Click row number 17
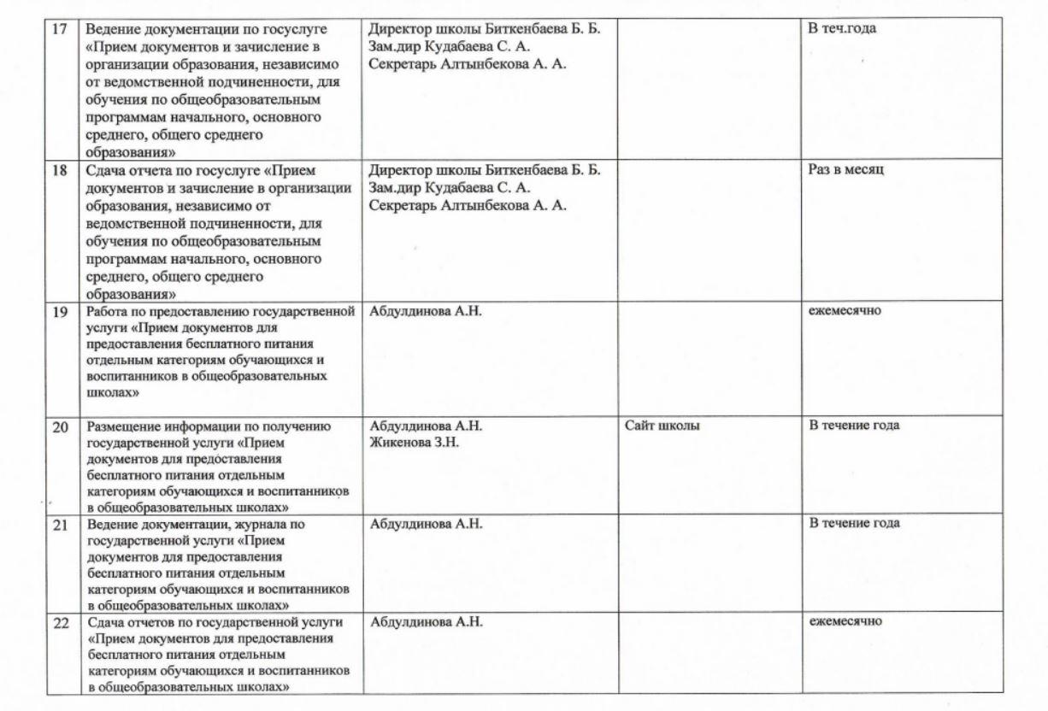click(x=59, y=29)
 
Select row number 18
click(x=60, y=170)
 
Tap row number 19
click(x=60, y=311)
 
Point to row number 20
click(x=61, y=427)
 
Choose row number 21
click(x=61, y=525)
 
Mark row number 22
click(x=61, y=623)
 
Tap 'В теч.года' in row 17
click(x=842, y=28)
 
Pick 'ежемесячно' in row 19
click(x=845, y=310)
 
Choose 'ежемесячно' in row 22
click(x=845, y=621)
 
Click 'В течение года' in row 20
click(x=854, y=426)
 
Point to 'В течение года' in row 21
click(x=854, y=523)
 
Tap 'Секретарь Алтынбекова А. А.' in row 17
click(x=468, y=64)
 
